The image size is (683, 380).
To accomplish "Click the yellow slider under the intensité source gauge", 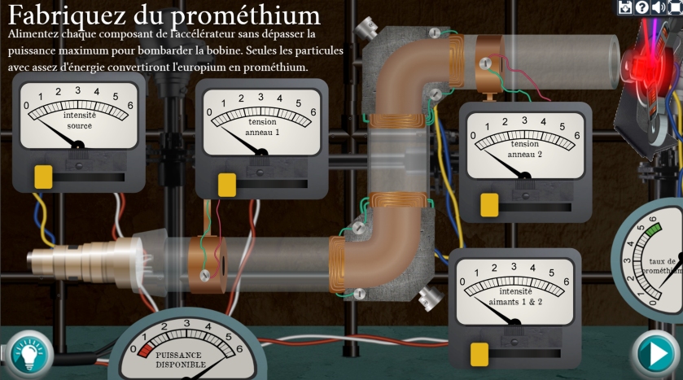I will [x=43, y=177].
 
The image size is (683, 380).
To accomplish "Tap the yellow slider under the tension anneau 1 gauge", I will [x=227, y=184].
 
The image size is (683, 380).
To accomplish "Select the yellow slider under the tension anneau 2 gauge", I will [x=489, y=204].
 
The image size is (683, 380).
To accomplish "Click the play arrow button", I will [x=655, y=353].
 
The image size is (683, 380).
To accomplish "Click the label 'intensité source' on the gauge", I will [x=79, y=120].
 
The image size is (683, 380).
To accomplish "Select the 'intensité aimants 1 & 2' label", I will [x=515, y=296].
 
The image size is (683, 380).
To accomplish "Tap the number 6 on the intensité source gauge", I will [x=130, y=105].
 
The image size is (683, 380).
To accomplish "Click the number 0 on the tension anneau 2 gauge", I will [x=471, y=135].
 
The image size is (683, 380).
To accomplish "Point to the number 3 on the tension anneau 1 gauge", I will [x=261, y=98].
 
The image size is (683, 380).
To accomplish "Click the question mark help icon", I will [x=641, y=7].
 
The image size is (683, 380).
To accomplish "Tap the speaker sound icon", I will [x=658, y=7].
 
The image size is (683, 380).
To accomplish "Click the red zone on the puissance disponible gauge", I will [x=146, y=349].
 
